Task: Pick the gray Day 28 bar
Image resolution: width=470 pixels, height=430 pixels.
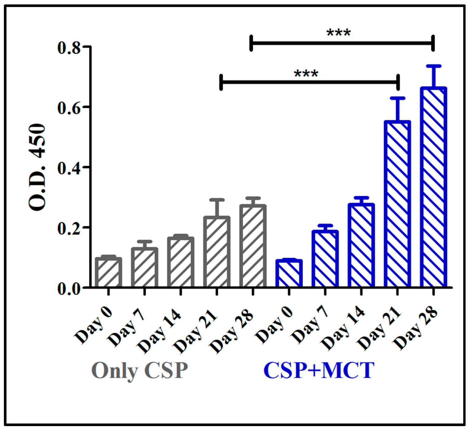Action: pyautogui.click(x=253, y=246)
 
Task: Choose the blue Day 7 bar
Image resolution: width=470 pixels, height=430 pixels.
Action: pyautogui.click(x=325, y=259)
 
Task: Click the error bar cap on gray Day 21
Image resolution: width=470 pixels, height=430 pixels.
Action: pyautogui.click(x=217, y=200)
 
